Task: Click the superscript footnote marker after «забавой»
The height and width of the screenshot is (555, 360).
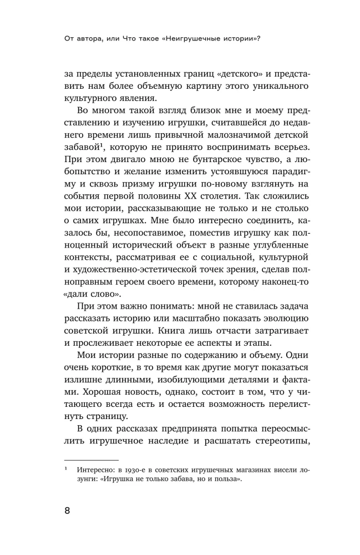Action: click(101, 147)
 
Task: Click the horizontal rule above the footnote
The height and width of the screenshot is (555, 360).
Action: click(92, 460)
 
